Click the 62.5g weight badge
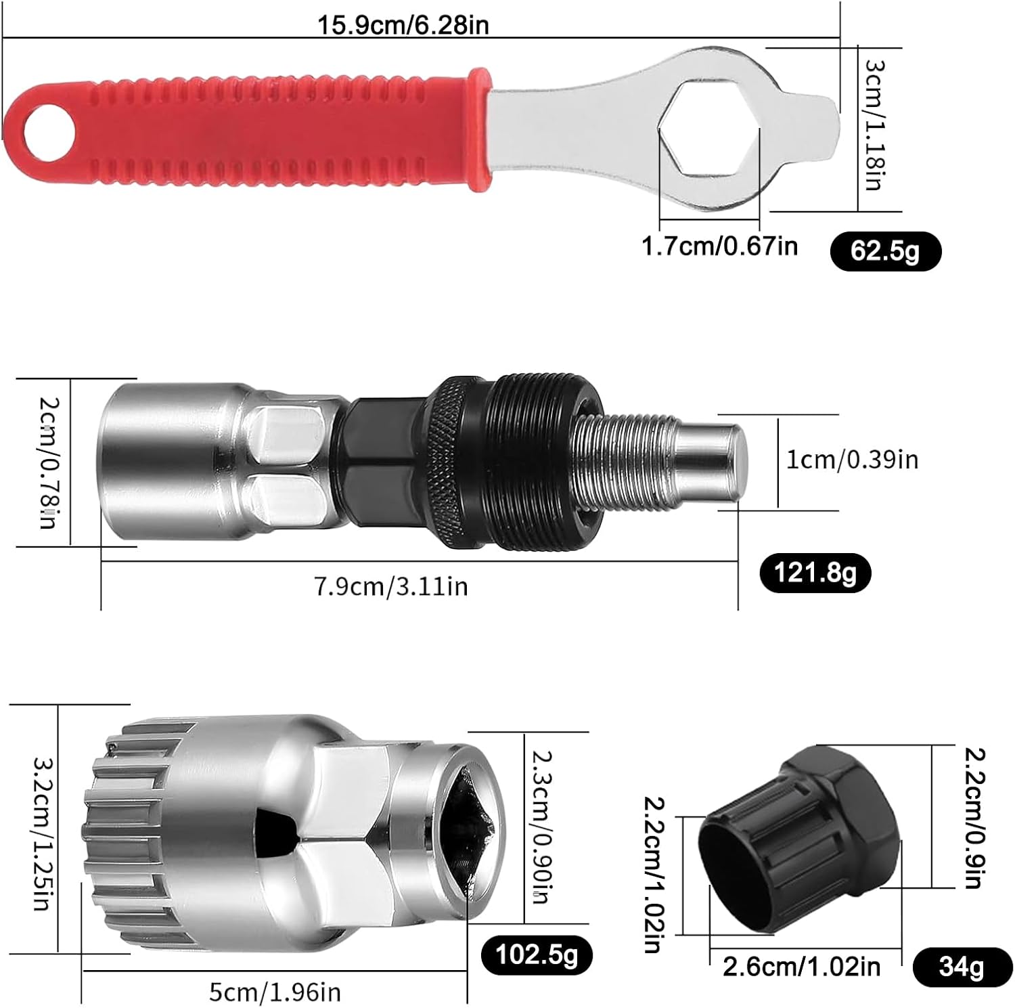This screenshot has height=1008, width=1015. tap(885, 251)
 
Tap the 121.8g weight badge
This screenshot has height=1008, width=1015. tap(815, 573)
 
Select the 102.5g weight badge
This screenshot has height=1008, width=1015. tap(537, 955)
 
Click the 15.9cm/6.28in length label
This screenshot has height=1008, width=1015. tap(403, 25)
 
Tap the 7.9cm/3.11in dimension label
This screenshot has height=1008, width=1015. tap(390, 586)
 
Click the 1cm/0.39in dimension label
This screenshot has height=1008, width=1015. tap(852, 460)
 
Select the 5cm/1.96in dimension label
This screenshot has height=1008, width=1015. tap(275, 992)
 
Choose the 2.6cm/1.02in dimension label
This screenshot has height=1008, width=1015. tap(802, 967)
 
